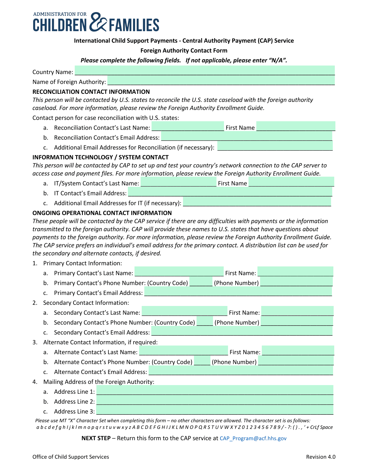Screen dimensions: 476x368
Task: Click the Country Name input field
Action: pyautogui.click(x=204, y=71)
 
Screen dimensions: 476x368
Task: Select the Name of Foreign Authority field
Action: pyautogui.click(x=221, y=81)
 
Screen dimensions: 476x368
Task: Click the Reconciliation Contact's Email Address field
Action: pyautogui.click(x=246, y=136)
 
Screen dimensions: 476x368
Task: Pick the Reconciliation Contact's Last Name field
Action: pyautogui.click(x=188, y=126)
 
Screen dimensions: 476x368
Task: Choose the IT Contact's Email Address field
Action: pyautogui.click(x=230, y=192)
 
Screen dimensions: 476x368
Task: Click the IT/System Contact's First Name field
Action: pyautogui.click(x=291, y=182)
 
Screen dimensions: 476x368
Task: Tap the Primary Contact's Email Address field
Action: pyautogui.click(x=238, y=292)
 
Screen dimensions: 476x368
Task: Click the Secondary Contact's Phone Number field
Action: pyautogui.click(x=297, y=321)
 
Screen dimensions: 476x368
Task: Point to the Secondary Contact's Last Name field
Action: pyautogui.click(x=184, y=311)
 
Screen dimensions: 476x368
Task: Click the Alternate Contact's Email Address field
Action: pyautogui.click(x=241, y=371)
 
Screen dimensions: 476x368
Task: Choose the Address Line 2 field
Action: pyautogui.click(x=215, y=400)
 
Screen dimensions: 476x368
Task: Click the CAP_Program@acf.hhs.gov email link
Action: pyautogui.click(x=253, y=438)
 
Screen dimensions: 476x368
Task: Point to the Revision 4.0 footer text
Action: pyautogui.click(x=321, y=457)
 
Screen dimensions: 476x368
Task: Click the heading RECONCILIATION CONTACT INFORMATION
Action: pyautogui.click(x=91, y=92)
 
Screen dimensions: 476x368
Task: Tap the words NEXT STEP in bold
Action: pyautogui.click(x=96, y=438)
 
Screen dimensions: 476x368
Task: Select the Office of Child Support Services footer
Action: pyautogui.click(x=71, y=457)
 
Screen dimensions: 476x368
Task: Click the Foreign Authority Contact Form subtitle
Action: pyautogui.click(x=184, y=51)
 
